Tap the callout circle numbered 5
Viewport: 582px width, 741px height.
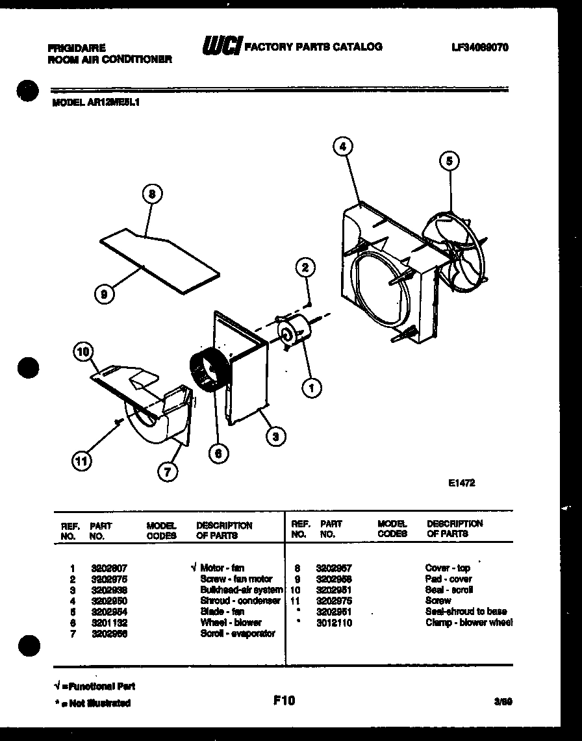pos(449,160)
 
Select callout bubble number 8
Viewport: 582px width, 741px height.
pos(151,194)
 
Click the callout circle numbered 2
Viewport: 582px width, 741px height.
pos(305,266)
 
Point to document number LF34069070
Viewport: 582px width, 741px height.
pos(479,47)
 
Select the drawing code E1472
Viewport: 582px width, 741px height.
pos(461,483)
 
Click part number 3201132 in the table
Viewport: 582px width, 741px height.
pos(108,622)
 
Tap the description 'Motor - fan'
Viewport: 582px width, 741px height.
pos(222,568)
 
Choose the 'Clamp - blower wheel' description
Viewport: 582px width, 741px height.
pos(468,623)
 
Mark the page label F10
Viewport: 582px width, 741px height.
pos(284,700)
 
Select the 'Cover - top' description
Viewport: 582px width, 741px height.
pos(448,568)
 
